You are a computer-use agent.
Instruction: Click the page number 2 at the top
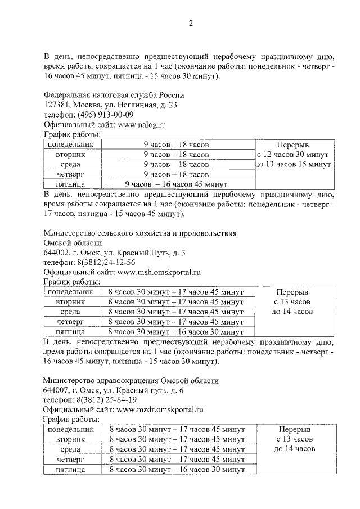(x=190, y=24)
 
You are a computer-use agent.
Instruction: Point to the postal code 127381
(x=56, y=105)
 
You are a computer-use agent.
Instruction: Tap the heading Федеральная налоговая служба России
(x=114, y=94)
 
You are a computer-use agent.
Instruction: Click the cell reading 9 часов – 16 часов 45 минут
(x=175, y=184)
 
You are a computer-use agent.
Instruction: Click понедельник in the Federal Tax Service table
(x=70, y=145)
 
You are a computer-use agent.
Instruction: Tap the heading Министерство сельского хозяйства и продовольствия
(x=140, y=233)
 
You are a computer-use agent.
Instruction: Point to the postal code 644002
(x=56, y=253)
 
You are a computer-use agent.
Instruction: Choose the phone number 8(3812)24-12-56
(x=107, y=262)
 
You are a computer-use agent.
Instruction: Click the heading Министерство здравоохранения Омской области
(x=130, y=380)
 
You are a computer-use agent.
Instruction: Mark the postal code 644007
(x=56, y=390)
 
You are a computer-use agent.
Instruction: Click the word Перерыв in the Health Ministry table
(x=292, y=429)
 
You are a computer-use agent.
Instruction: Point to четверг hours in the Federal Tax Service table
(x=175, y=174)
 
